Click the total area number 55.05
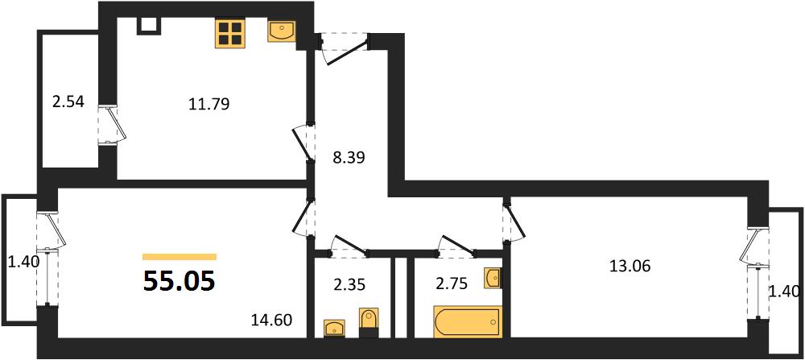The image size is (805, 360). point(179,281)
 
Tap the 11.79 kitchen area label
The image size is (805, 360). point(209,104)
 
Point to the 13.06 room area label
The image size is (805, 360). point(630,266)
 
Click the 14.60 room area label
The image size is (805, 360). point(271,321)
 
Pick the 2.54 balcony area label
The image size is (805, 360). point(68,101)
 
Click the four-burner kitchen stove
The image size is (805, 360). point(229,33)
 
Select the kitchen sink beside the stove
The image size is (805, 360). point(281,31)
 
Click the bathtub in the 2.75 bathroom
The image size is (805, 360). point(467,322)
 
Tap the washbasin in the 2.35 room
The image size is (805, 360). point(335,328)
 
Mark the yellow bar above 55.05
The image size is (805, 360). point(180,257)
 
